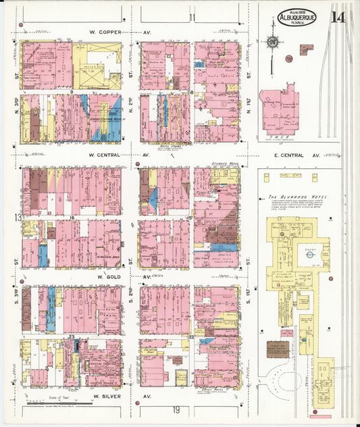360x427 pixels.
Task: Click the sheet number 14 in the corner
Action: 338,16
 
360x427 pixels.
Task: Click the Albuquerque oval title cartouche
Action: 297,18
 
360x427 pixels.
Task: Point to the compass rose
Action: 272,42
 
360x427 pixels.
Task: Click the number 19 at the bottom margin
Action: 176,410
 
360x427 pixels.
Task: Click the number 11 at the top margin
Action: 192,17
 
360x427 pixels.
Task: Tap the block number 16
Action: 72,218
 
